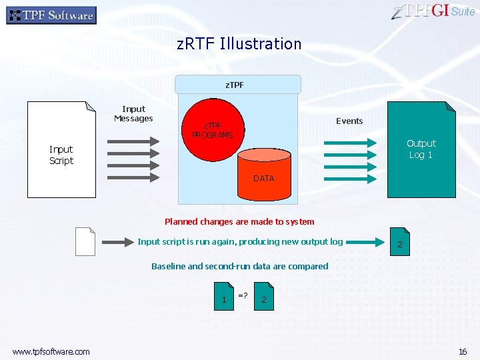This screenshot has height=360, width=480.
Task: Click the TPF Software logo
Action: pos(51,15)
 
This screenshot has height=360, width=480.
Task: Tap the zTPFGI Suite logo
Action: pos(433,11)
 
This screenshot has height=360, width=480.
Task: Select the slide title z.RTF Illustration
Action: pos(239,44)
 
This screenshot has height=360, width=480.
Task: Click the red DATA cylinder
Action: pos(264,175)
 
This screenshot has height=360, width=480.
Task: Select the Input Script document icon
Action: pos(61,149)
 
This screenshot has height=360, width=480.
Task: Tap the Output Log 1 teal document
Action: pos(421,149)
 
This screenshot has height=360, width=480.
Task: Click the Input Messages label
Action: pos(133,114)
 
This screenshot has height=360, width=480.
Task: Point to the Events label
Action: pos(349,121)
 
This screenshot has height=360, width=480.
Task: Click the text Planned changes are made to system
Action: pos(239,221)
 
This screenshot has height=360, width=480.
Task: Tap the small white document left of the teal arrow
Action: pos(85,241)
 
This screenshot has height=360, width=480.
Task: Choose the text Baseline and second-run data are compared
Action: pos(239,266)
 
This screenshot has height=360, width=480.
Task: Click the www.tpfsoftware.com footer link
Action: pos(51,351)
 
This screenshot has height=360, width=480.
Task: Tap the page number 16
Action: pos(462,351)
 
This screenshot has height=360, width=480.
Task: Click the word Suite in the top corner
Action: pos(463,11)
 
